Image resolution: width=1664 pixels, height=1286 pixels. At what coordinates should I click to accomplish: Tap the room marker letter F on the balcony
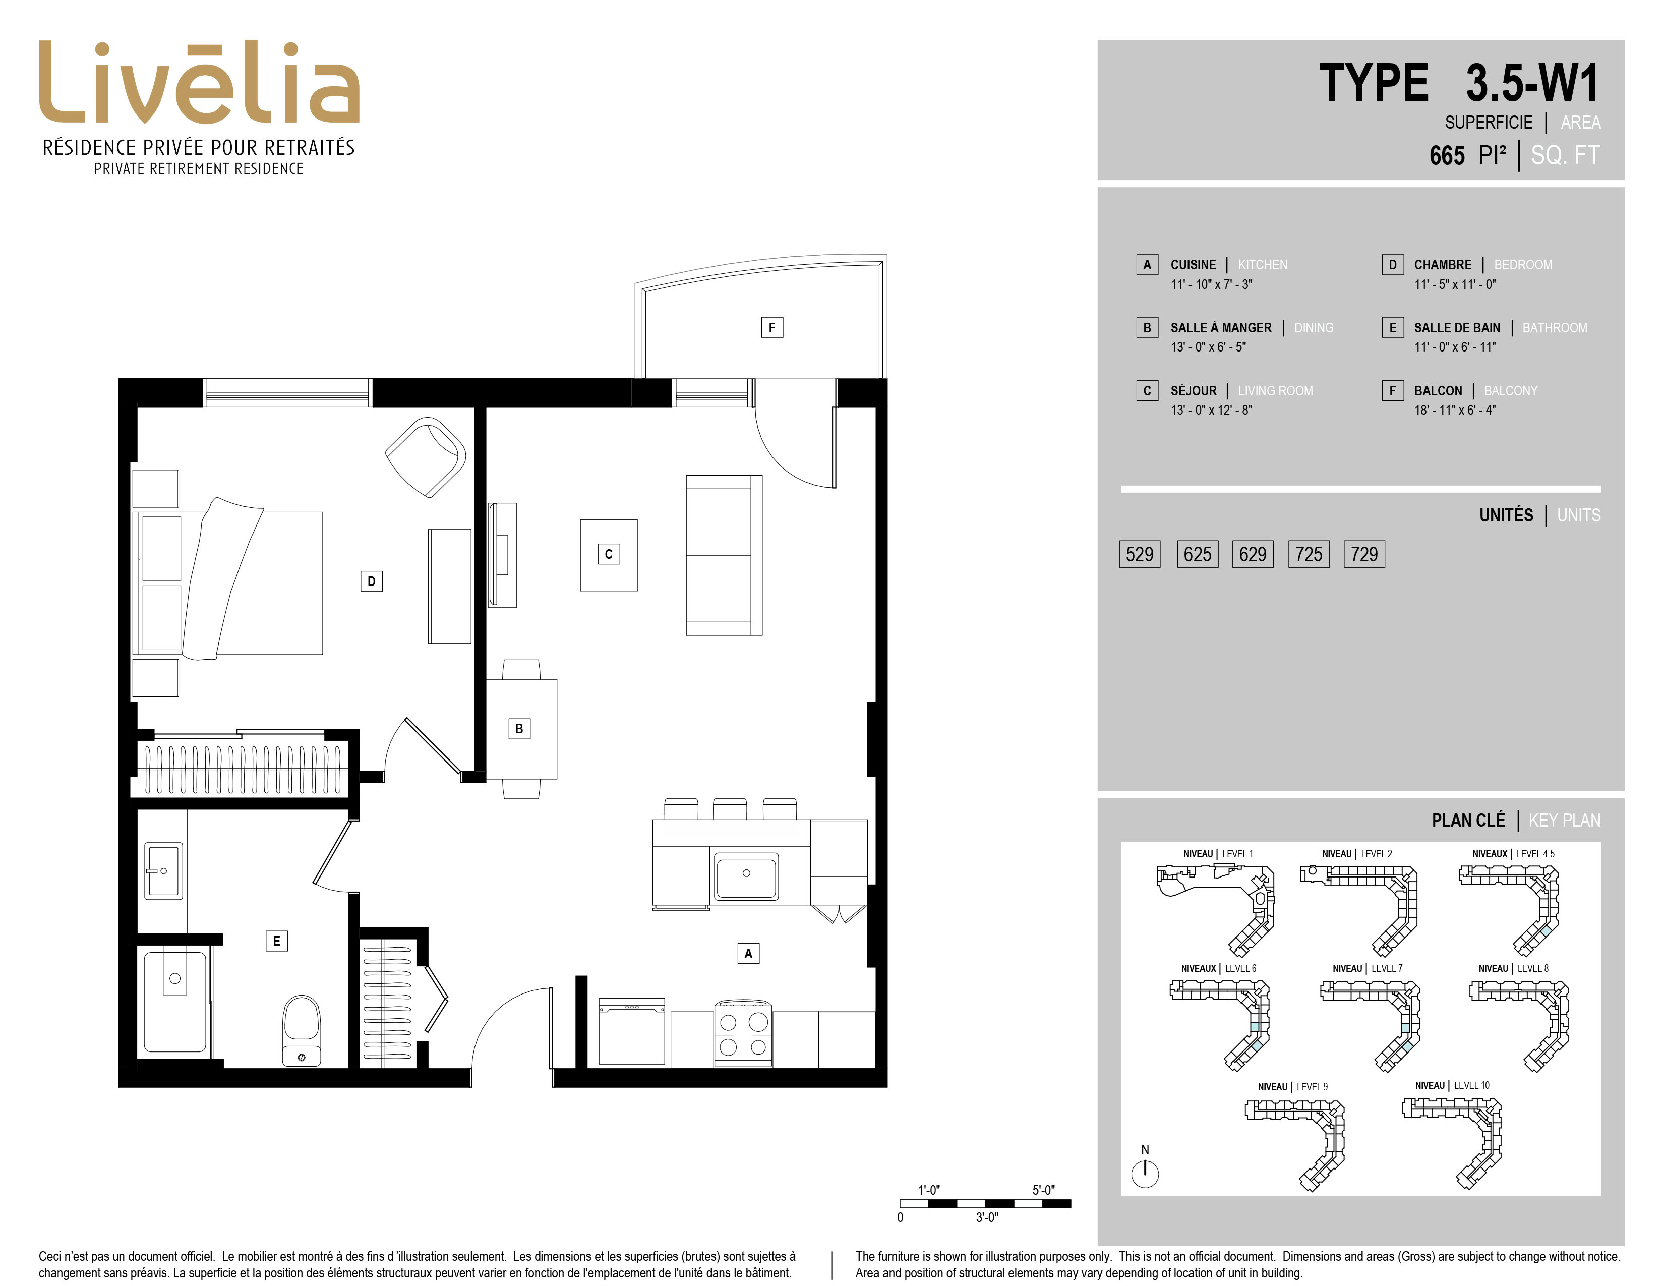[x=772, y=328]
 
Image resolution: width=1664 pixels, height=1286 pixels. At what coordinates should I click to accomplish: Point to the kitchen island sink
[x=746, y=875]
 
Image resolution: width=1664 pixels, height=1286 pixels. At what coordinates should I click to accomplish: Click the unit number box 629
[x=1253, y=554]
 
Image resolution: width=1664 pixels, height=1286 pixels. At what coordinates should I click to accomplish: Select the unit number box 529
[x=1140, y=554]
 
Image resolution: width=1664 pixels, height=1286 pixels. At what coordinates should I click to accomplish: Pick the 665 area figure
[x=1447, y=155]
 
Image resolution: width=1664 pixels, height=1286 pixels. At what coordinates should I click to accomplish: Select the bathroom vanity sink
[x=163, y=871]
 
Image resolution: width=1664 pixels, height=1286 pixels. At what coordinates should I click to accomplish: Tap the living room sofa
[x=724, y=555]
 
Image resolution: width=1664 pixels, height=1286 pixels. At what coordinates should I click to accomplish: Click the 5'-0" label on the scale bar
[x=1043, y=1190]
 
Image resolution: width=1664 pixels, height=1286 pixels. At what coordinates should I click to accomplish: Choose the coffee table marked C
[x=609, y=555]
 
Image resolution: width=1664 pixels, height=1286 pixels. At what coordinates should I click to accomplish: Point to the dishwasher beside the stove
[x=632, y=1031]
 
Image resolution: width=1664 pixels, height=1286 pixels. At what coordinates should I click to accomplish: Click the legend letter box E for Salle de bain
[x=1393, y=328]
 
